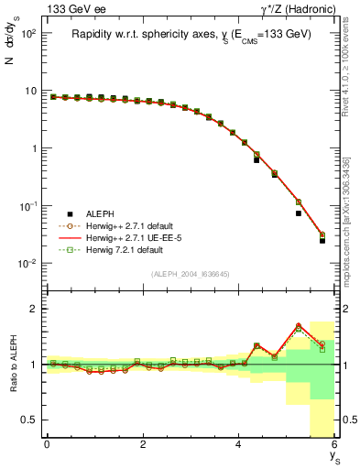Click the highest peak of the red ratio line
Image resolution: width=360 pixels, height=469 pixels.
click(x=299, y=324)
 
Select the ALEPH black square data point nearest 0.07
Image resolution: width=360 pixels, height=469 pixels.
click(x=299, y=213)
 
